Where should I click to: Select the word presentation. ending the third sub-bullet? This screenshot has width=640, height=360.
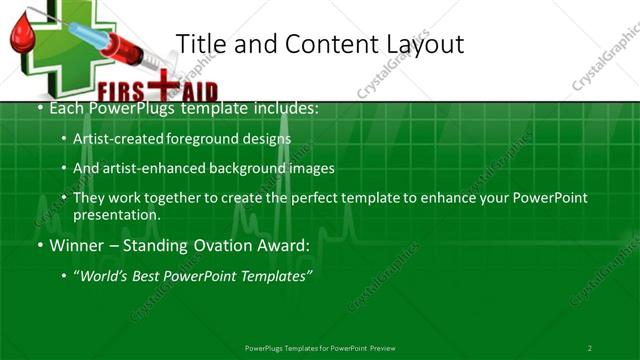pyautogui.click(x=117, y=214)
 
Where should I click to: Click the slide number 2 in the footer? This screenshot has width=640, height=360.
pyautogui.click(x=590, y=348)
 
